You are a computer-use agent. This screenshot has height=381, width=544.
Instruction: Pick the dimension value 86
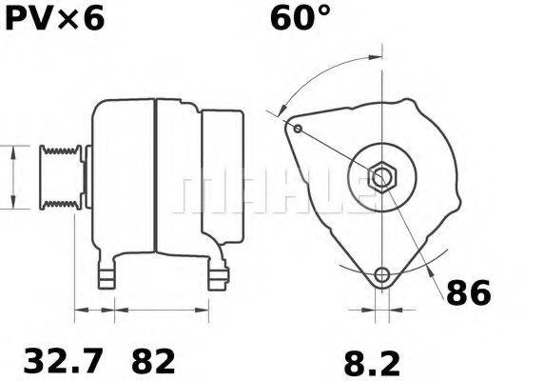pyautogui.click(x=469, y=293)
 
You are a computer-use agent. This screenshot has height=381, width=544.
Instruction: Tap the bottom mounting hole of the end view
pyautogui.click(x=381, y=275)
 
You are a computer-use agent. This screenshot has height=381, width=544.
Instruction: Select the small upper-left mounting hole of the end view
pyautogui.click(x=298, y=129)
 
